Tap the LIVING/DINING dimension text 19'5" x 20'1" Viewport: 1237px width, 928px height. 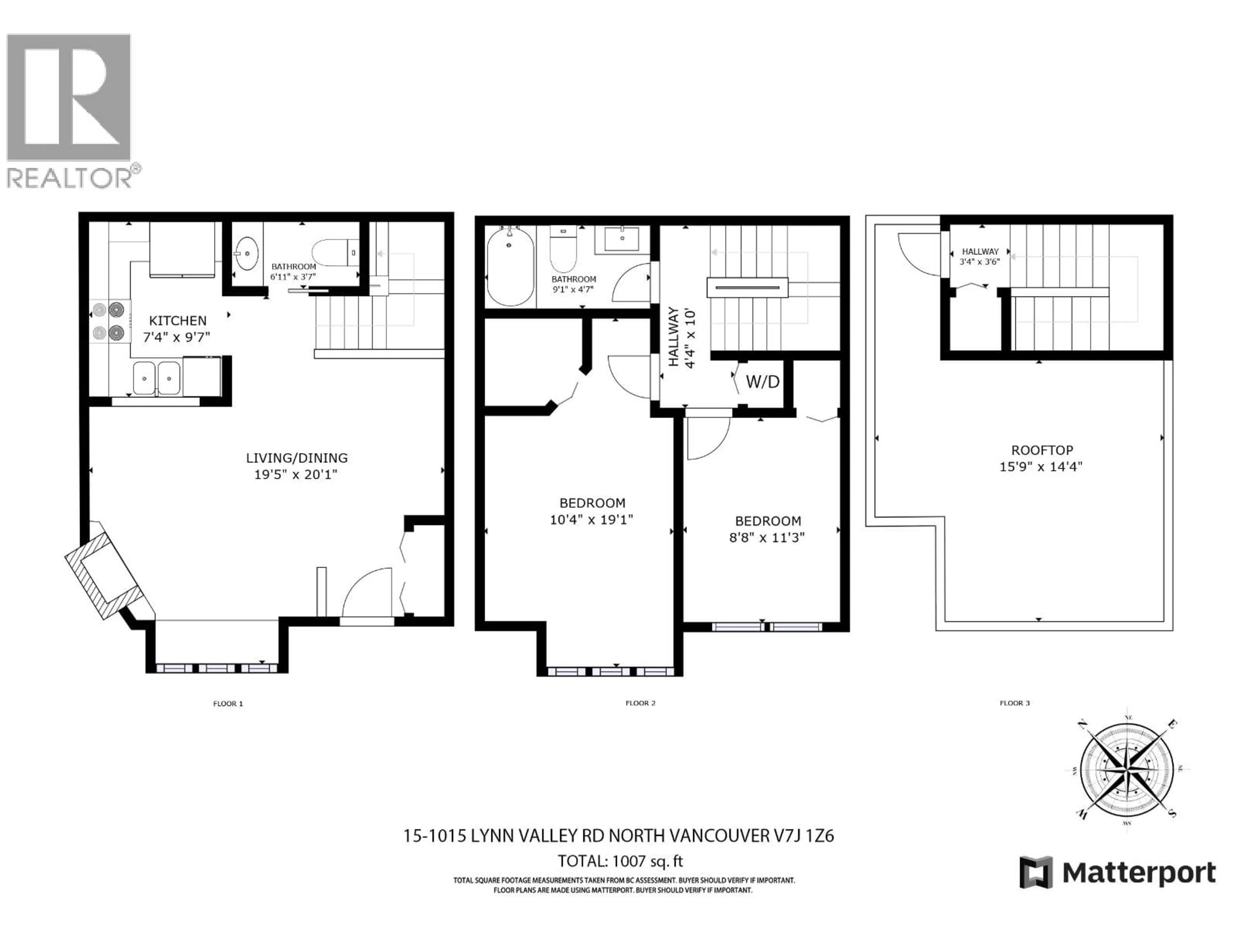click(296, 475)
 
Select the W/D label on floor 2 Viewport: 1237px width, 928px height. click(762, 382)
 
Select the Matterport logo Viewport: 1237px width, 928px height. click(1118, 872)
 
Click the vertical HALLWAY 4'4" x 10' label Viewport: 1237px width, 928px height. click(681, 337)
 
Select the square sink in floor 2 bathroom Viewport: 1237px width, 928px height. click(622, 239)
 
